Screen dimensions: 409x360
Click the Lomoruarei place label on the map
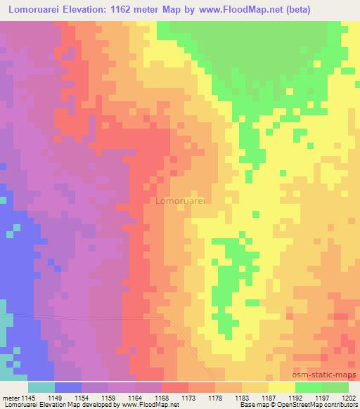179,201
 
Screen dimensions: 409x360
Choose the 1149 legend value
67,398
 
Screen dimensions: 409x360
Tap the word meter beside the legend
12,398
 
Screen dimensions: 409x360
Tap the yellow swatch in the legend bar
282,387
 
